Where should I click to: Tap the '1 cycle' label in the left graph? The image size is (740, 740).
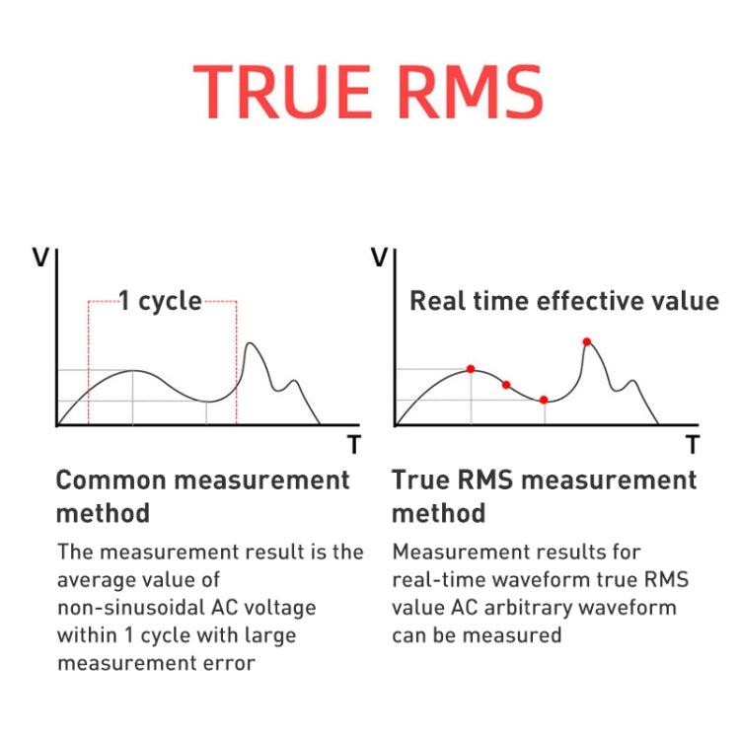[160, 301]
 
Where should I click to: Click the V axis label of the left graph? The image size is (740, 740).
[41, 259]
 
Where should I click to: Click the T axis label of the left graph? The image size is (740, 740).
[353, 446]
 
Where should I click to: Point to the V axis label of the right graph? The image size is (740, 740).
[379, 259]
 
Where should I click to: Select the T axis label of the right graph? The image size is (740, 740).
[693, 446]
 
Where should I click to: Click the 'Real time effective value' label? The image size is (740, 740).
[563, 301]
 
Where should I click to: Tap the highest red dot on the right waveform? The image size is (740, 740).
[587, 342]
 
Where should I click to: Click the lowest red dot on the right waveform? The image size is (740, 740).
[544, 400]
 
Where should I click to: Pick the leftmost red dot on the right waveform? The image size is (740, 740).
[471, 369]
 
